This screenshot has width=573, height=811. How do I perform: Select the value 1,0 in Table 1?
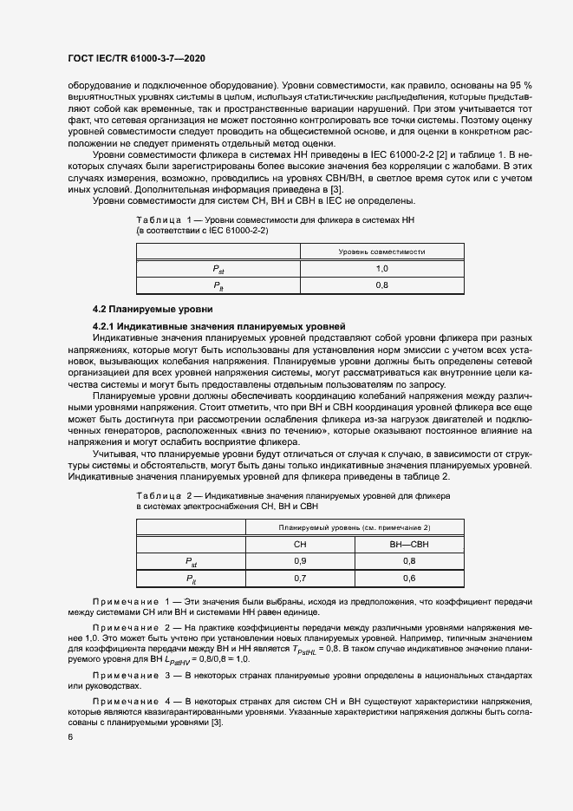pos(381,269)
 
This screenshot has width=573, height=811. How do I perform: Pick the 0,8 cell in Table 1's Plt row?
pos(381,285)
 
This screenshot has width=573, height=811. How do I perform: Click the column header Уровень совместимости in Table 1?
pos(381,252)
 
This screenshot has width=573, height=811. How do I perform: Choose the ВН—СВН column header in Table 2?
pos(409,544)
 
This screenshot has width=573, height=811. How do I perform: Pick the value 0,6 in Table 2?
pos(409,578)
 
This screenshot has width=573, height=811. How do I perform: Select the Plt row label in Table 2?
pos(191,578)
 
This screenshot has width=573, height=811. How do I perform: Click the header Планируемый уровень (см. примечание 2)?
pos(355,527)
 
